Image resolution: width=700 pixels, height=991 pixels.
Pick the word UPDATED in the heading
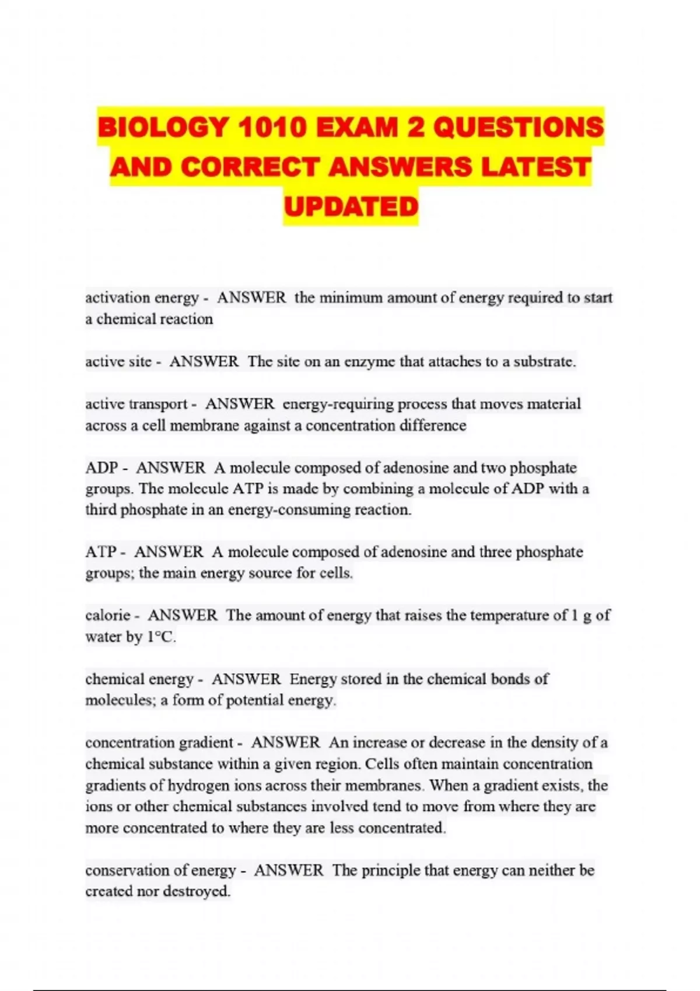click(351, 206)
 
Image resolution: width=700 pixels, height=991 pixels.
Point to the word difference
click(432, 426)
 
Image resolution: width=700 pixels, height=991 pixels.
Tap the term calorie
click(108, 616)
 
